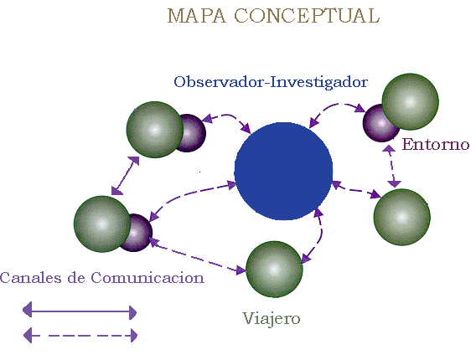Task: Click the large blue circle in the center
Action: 283,171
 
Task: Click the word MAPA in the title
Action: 197,16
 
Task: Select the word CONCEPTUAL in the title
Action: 307,16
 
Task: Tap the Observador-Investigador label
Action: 271,82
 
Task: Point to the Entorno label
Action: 436,144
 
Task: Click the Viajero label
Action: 271,319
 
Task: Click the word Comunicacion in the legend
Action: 147,277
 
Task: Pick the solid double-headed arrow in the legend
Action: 80,311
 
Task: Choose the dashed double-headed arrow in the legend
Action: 80,336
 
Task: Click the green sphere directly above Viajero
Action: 274,269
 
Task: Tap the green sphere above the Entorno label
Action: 410,101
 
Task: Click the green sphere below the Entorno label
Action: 401,217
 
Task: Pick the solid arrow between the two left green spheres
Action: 125,176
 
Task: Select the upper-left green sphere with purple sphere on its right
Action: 155,130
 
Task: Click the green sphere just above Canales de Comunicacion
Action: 102,224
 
